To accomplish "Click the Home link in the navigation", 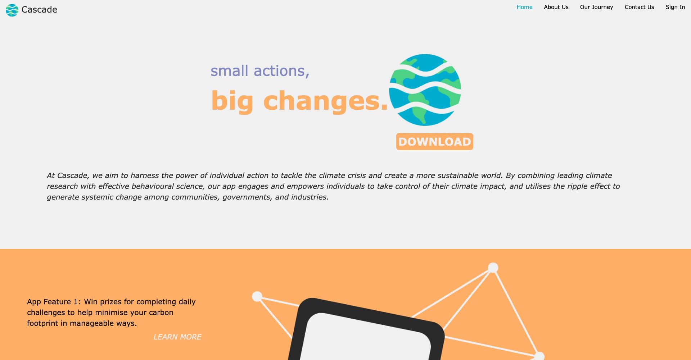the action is [524, 7].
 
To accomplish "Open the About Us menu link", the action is [556, 7].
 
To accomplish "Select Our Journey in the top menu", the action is [596, 7].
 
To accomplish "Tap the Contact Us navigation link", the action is [639, 7].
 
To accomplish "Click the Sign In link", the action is [675, 7].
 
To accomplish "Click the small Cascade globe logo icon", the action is [12, 10].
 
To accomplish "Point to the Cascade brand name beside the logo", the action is [39, 10].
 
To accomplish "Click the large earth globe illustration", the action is [425, 90].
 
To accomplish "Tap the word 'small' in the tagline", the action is [229, 71].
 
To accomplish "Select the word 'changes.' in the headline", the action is [326, 101].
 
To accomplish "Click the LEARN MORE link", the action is [177, 337].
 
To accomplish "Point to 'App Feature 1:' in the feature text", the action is [54, 302].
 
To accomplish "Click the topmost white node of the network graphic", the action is [493, 268].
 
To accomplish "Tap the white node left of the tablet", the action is [257, 296].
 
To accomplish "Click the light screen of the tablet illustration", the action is [365, 338].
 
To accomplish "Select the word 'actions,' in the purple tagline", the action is [281, 71].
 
